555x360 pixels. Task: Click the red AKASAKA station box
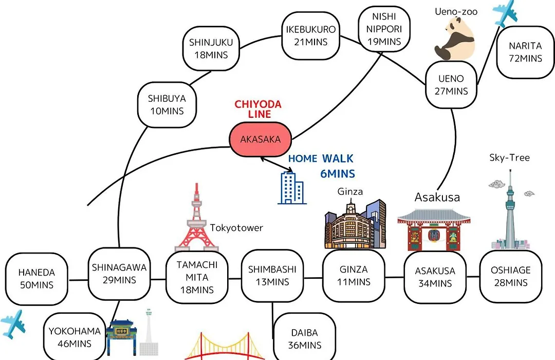pyautogui.click(x=261, y=139)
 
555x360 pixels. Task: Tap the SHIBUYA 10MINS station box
pyautogui.click(x=166, y=105)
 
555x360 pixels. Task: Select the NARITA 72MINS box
pyautogui.click(x=525, y=52)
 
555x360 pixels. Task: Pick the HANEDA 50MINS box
pyautogui.click(x=36, y=279)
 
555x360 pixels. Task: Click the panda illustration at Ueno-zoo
pyautogui.click(x=455, y=39)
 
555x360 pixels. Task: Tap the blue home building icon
pyautogui.click(x=292, y=187)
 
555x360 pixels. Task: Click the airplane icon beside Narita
pyautogui.click(x=505, y=13)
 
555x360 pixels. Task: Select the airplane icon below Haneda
pyautogui.click(x=13, y=324)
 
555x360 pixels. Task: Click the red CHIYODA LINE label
pyautogui.click(x=258, y=109)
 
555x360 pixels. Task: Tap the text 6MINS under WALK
pyautogui.click(x=338, y=174)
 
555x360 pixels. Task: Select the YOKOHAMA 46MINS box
pyautogui.click(x=75, y=337)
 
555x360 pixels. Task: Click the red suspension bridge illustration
pyautogui.click(x=225, y=346)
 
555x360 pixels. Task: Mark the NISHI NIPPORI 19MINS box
pyautogui.click(x=384, y=29)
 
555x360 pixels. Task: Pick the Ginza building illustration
pyautogui.click(x=356, y=223)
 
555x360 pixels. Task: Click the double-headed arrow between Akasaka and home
pyautogui.click(x=276, y=165)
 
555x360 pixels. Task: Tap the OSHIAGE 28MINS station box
pyautogui.click(x=511, y=276)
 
